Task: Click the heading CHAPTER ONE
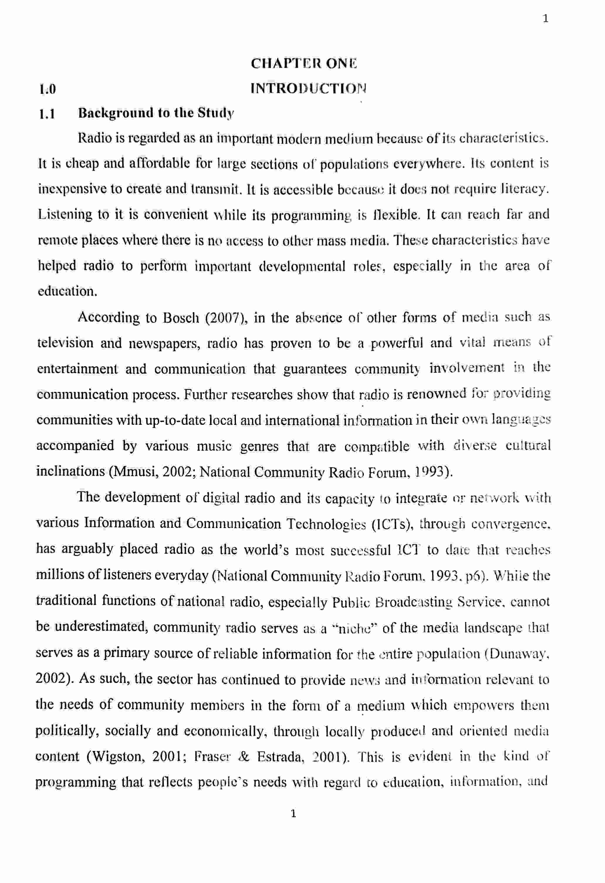click(x=304, y=63)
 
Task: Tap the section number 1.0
click(x=48, y=89)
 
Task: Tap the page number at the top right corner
click(x=545, y=18)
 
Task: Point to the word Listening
click(x=65, y=215)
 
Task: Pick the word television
click(x=65, y=343)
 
